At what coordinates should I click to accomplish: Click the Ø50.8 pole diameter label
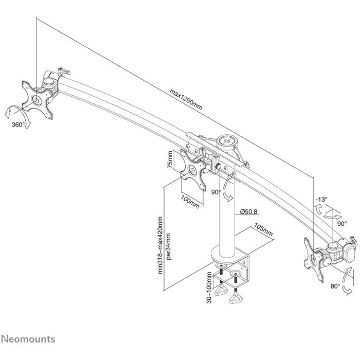click(x=248, y=211)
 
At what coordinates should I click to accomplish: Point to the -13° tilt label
click(x=322, y=199)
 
